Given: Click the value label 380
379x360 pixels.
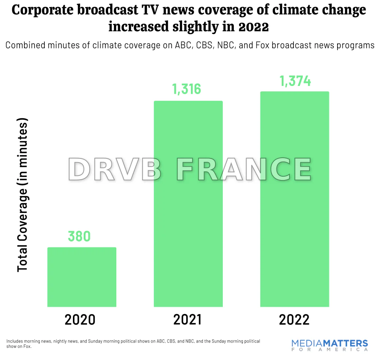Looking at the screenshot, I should point(79,236).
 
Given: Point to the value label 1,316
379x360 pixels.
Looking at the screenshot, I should point(187,89).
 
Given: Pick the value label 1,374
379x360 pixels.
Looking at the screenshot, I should point(295,81).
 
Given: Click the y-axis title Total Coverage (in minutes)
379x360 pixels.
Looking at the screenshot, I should point(23,196).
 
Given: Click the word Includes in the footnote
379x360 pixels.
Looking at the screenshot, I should point(15,341).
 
